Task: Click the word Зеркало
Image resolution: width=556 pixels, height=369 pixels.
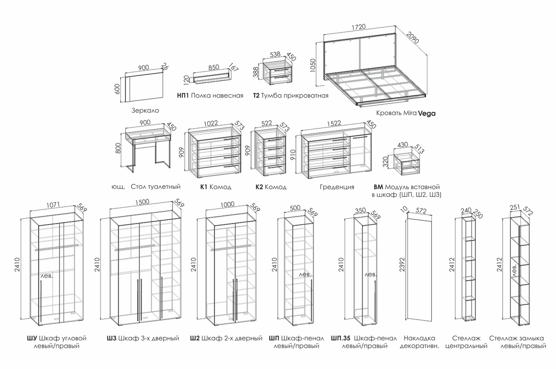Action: coord(145,110)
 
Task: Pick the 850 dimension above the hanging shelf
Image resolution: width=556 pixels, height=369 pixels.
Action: coord(214,68)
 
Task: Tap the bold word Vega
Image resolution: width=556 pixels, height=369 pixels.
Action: coord(426,113)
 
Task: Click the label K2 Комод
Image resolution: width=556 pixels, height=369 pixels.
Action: coord(271,187)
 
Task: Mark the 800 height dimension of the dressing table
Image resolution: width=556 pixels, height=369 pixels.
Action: coord(118,148)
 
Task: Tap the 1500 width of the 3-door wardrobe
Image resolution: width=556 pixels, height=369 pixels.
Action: coord(142,202)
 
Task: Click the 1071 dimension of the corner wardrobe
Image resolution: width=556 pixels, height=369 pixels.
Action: coord(54,207)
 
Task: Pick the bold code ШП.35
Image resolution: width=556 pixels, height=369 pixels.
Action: coord(340,338)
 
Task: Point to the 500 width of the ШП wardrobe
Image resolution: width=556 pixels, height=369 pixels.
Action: coord(295,208)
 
